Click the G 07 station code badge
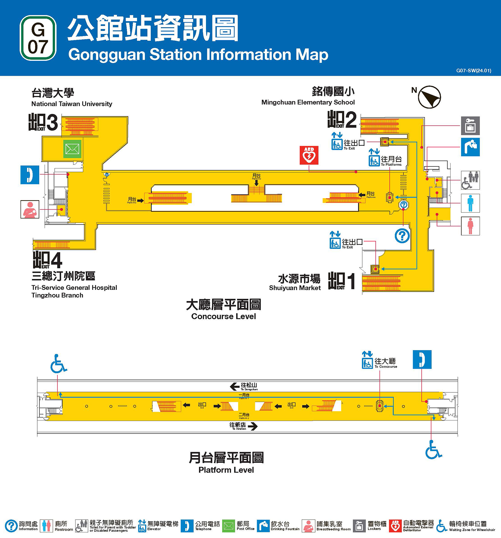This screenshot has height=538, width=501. [x=38, y=38]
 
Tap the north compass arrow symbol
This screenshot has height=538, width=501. [x=429, y=97]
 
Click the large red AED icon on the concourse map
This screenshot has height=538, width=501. [x=309, y=155]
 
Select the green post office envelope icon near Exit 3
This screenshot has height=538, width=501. [x=72, y=149]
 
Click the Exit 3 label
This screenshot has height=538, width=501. [x=43, y=122]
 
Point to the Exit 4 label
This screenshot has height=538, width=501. [x=47, y=260]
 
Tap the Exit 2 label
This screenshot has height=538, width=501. [x=342, y=120]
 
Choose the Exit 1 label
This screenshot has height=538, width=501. [x=342, y=281]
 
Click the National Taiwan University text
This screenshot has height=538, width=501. [x=72, y=104]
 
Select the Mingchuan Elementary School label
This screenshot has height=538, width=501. [x=308, y=102]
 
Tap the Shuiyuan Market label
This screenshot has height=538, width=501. [x=295, y=288]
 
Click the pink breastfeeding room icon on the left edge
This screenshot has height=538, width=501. [x=30, y=209]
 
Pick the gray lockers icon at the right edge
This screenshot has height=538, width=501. [x=470, y=125]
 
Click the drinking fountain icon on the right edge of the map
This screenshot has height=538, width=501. [x=470, y=147]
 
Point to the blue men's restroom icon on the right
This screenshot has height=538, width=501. [x=470, y=203]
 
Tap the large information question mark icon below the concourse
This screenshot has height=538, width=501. [x=402, y=236]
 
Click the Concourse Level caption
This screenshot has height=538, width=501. [x=223, y=316]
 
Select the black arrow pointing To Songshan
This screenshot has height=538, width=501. [x=234, y=386]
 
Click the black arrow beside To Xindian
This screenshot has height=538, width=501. [x=253, y=426]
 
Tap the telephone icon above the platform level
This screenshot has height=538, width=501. [x=422, y=359]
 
